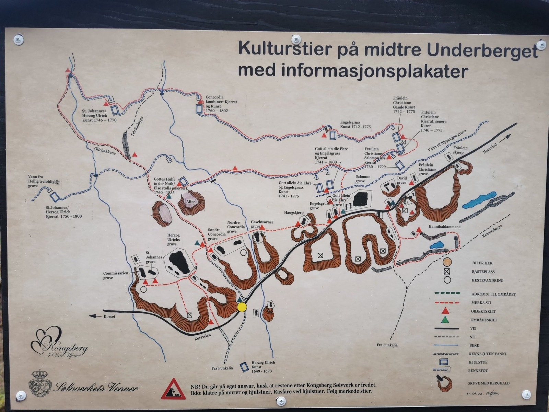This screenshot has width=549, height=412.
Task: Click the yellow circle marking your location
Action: click(242, 307)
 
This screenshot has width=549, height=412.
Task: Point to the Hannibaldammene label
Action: click(444, 227)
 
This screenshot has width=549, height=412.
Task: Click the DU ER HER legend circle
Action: click(446, 263)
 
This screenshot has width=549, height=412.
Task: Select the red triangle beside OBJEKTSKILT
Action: click(445, 311)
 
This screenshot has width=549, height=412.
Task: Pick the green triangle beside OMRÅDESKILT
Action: click(445, 320)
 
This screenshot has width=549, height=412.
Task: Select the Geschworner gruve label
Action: click(262, 224)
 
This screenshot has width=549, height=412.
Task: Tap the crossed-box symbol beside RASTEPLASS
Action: click(446, 271)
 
